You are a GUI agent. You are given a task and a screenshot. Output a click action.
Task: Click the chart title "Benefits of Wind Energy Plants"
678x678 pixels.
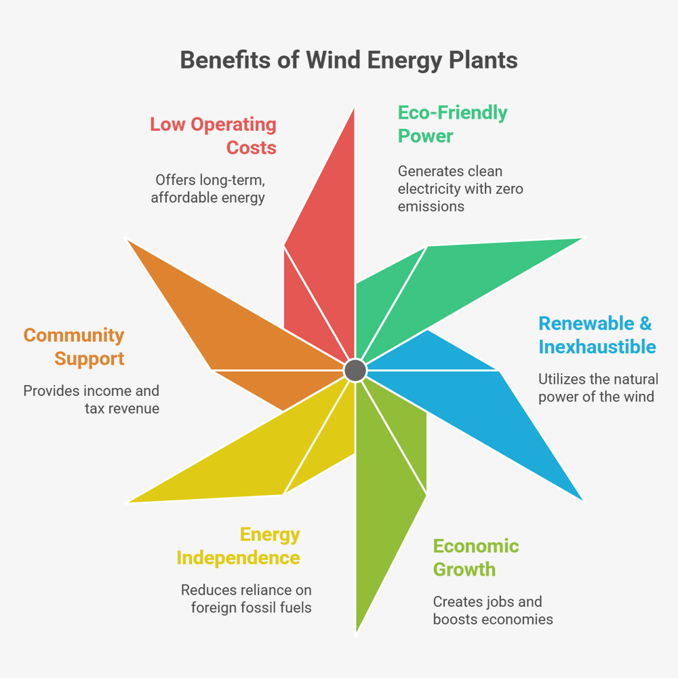coord(348,60)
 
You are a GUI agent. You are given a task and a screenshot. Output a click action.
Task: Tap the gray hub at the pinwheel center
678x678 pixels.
coord(355,370)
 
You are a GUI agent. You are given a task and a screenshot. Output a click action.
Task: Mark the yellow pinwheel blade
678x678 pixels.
coord(258,461)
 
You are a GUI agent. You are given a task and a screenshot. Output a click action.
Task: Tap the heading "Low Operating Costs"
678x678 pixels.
coord(213,136)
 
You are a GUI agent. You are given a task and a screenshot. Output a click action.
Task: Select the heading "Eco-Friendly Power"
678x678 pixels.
coord(452,124)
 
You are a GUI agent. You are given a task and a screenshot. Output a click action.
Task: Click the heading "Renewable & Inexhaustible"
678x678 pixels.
coord(597,335)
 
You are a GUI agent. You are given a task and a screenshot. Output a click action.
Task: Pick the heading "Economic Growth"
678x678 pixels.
coord(476,557)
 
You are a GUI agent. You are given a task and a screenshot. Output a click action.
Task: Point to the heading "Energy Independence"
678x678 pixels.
coord(239,546)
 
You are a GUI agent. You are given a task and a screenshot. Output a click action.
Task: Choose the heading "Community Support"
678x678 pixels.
coord(74,346)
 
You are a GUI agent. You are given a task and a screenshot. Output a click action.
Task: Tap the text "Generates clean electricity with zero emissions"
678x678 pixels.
coord(460,188)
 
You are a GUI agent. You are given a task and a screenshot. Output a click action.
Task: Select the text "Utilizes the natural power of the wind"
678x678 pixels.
coord(598,388)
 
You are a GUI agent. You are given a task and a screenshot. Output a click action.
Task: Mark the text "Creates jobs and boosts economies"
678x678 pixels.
coord(493,610)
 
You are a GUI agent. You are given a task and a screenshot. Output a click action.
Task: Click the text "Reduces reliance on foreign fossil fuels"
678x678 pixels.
coord(246,599)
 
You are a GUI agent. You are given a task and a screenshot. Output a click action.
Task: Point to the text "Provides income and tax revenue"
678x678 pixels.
coord(92,399)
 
